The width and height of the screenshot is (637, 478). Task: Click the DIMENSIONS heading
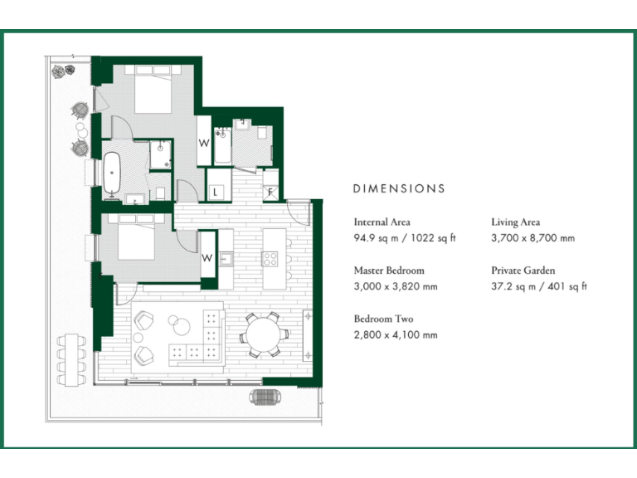pos(399,188)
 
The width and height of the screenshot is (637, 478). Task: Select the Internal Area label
pos(382,222)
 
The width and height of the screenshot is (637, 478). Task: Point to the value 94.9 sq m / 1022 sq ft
pos(405,238)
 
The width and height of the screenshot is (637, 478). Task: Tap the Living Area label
pos(516,222)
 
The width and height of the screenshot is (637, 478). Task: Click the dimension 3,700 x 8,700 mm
pos(532,238)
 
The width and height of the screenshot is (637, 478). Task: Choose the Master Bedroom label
pos(389,271)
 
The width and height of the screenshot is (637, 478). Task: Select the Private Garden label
pos(523,271)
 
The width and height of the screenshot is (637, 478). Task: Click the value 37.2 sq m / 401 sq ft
pos(539,286)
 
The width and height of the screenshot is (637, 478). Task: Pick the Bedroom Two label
pos(383,319)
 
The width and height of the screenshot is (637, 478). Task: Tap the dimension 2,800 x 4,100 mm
pos(395,335)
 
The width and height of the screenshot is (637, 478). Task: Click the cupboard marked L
pos(215,192)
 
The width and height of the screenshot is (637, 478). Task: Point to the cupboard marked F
pos(269,191)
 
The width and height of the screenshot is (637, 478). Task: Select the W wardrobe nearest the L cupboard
pos(203,142)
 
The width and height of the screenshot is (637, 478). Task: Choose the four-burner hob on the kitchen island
pos(271,258)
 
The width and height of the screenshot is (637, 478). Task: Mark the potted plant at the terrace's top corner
pos(60,72)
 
